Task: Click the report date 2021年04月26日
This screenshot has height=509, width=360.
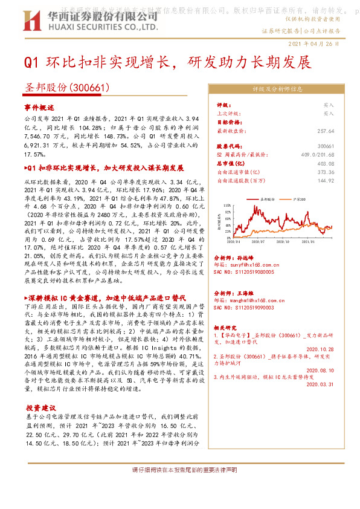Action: tap(318, 44)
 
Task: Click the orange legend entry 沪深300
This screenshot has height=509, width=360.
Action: tap(297, 198)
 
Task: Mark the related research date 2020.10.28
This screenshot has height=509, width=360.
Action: tap(320, 349)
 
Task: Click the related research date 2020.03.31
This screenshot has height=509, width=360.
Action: tap(320, 384)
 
